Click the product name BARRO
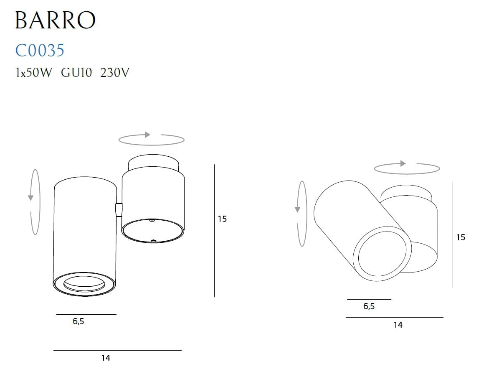coord(55,20)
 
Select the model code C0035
coord(40,50)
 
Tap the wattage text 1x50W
coord(33,73)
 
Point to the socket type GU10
coord(76,73)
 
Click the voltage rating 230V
coord(115,73)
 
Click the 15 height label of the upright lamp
coord(222,219)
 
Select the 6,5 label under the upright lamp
coord(79,321)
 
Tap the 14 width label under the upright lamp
coord(106,358)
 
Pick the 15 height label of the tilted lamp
coord(460,237)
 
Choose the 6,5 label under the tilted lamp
coord(369,306)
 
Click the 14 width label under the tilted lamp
coord(398,325)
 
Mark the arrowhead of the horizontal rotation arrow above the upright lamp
coord(147,135)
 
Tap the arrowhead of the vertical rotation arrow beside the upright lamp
coord(30,198)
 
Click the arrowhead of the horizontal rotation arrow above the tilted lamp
coord(403,163)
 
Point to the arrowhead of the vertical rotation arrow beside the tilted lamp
coord(297,209)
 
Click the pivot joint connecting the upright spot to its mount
coord(119,209)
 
